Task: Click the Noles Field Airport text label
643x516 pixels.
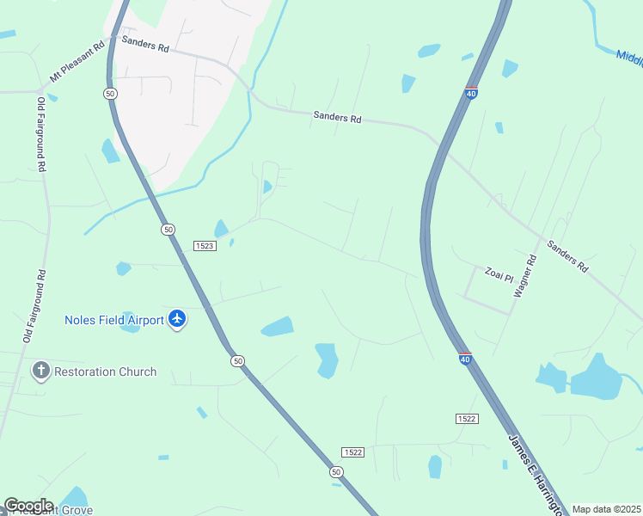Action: click(114, 320)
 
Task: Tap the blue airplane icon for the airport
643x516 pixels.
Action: click(178, 320)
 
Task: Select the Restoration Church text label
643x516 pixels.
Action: click(105, 372)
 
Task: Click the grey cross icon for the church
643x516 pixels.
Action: click(40, 372)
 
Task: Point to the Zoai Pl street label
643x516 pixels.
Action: click(499, 278)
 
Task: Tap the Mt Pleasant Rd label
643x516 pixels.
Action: click(77, 63)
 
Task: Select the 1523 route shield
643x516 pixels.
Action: click(203, 245)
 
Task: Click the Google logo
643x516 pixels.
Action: click(28, 506)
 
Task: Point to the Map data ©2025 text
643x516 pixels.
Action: click(606, 509)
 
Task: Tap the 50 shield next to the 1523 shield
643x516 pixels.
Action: click(168, 229)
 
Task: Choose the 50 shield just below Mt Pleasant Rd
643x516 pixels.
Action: click(109, 93)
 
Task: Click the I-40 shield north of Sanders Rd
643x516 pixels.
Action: click(471, 93)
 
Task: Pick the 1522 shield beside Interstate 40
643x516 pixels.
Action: click(466, 418)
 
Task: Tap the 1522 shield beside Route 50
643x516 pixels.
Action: click(352, 452)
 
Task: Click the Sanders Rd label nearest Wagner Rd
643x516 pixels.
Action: click(568, 256)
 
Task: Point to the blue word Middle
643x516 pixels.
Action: click(629, 58)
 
